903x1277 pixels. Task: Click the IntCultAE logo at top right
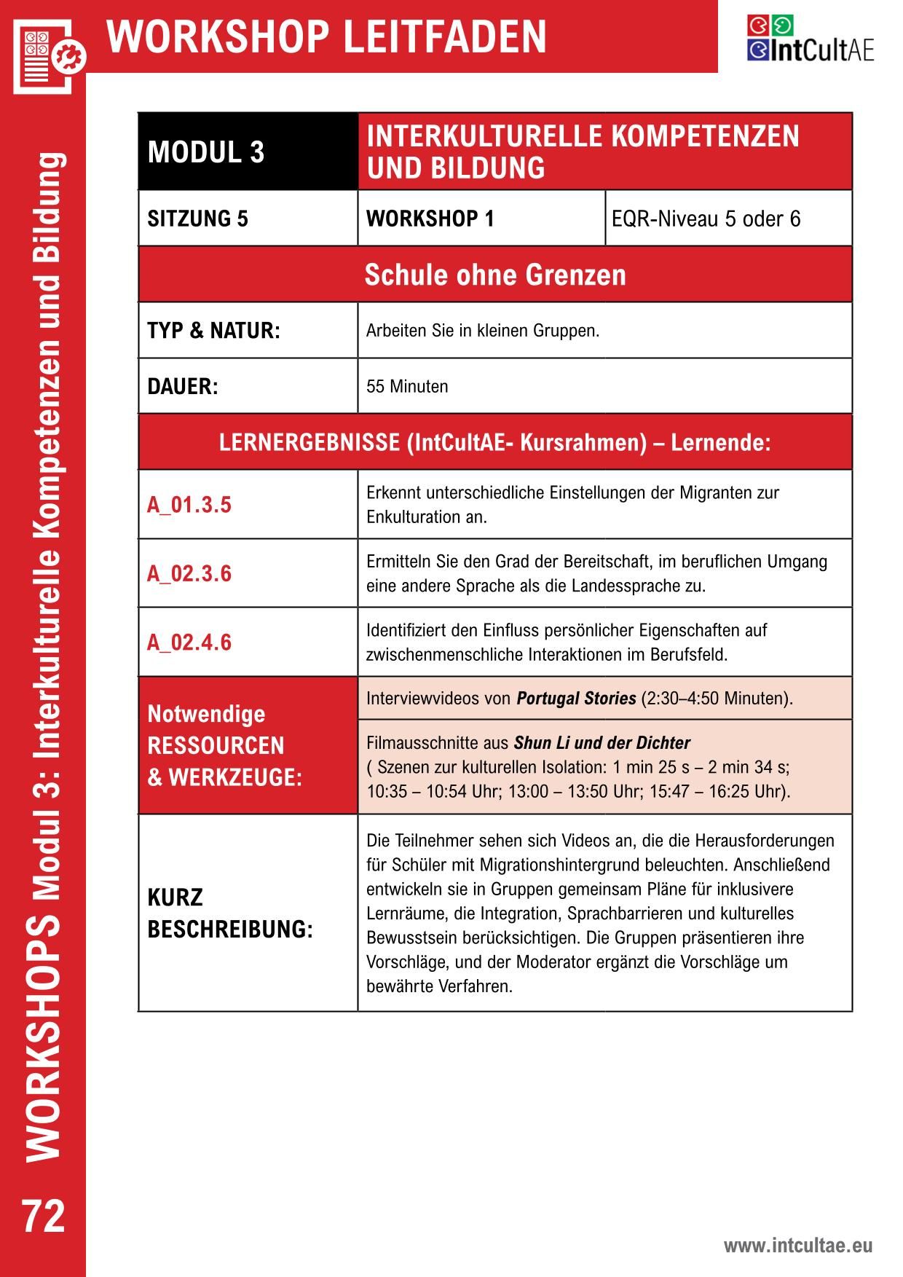[x=810, y=39]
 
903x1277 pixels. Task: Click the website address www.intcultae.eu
[x=797, y=1246]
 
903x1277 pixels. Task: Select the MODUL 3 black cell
[x=248, y=152]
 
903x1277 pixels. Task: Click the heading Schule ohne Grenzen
[x=495, y=275]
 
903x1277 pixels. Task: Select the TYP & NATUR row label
[x=213, y=331]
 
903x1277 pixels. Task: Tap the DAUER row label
[x=183, y=386]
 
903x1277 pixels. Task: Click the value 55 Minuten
[x=407, y=386]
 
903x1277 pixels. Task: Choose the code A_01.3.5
[x=189, y=505]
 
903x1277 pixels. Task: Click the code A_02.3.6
[x=189, y=573]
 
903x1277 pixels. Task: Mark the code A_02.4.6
[x=189, y=642]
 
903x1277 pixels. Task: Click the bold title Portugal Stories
[x=576, y=699]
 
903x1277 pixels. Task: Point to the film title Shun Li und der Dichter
[x=602, y=743]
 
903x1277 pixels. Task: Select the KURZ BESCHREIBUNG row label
[x=229, y=913]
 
